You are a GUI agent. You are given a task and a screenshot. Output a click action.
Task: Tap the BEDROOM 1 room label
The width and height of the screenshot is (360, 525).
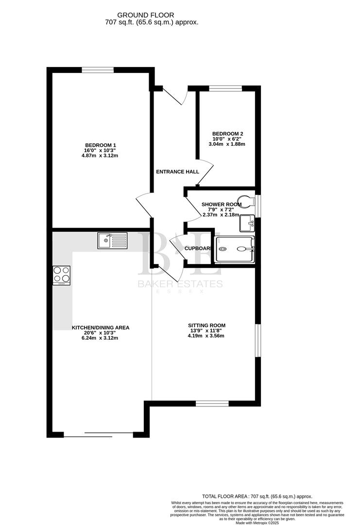[x=101, y=145]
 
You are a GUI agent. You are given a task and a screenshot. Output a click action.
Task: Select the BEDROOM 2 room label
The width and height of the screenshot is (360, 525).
[x=227, y=134]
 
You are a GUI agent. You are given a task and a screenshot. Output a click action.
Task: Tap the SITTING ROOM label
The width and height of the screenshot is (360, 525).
[x=206, y=325]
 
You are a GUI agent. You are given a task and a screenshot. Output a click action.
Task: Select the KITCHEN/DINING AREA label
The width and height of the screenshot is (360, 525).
[x=101, y=328]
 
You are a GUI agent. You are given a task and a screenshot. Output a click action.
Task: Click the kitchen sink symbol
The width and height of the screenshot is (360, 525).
[x=112, y=240]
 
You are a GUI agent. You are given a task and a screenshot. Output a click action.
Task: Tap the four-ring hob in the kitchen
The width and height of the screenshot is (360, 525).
[x=61, y=275]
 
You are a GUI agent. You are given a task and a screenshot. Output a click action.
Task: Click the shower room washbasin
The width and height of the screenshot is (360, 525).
[x=247, y=224]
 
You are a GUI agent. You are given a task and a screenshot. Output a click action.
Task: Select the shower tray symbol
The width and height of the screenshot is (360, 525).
[x=235, y=249]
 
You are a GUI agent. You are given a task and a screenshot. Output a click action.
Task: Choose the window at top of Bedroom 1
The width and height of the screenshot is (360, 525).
[x=98, y=70]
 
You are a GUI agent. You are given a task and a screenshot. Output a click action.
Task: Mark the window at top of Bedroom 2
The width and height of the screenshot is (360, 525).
[x=225, y=88]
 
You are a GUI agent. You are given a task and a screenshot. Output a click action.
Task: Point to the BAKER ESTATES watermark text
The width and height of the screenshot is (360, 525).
[x=180, y=284]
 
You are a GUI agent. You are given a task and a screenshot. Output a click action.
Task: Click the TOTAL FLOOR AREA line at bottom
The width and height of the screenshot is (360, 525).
[x=257, y=496]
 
